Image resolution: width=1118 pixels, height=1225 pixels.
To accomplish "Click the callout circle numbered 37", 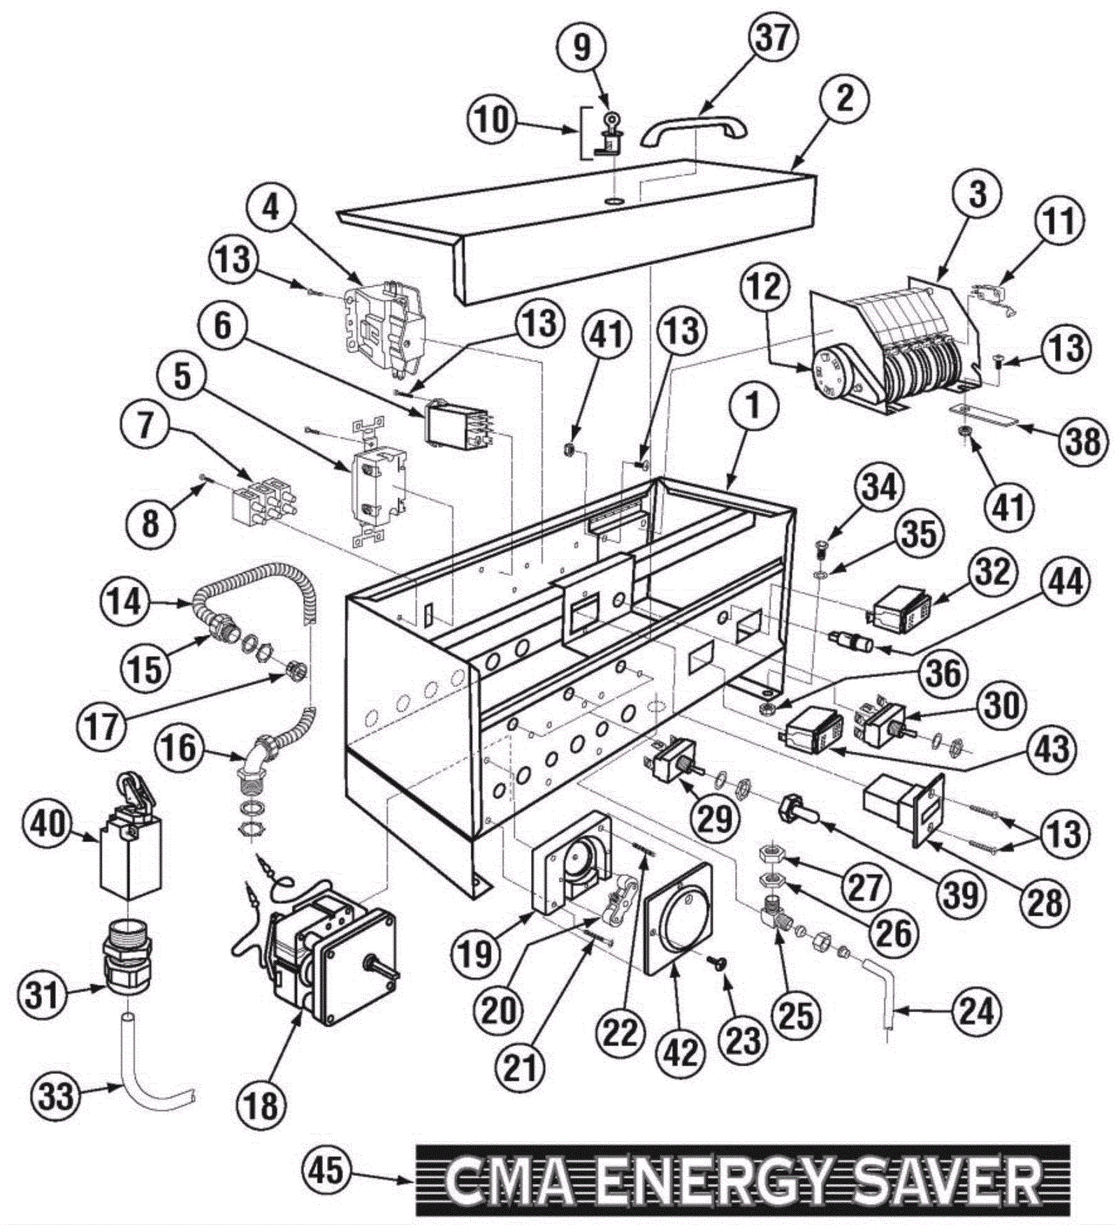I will tap(773, 39).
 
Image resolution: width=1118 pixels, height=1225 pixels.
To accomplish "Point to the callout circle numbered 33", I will tap(56, 1095).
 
